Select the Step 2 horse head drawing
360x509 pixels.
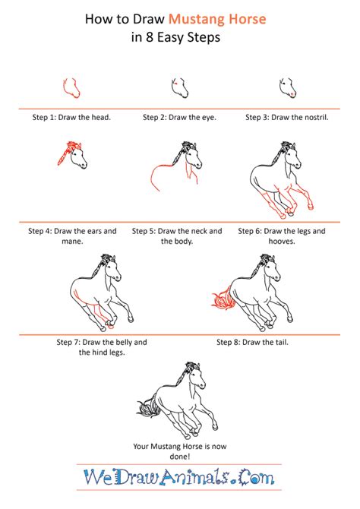click(178, 87)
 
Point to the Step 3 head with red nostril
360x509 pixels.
click(286, 87)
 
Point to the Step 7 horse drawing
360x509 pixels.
click(99, 292)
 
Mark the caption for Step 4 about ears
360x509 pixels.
click(72, 236)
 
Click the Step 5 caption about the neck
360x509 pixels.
click(180, 236)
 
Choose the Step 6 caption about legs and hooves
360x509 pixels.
click(286, 236)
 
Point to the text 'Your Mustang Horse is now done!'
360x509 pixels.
click(180, 451)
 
